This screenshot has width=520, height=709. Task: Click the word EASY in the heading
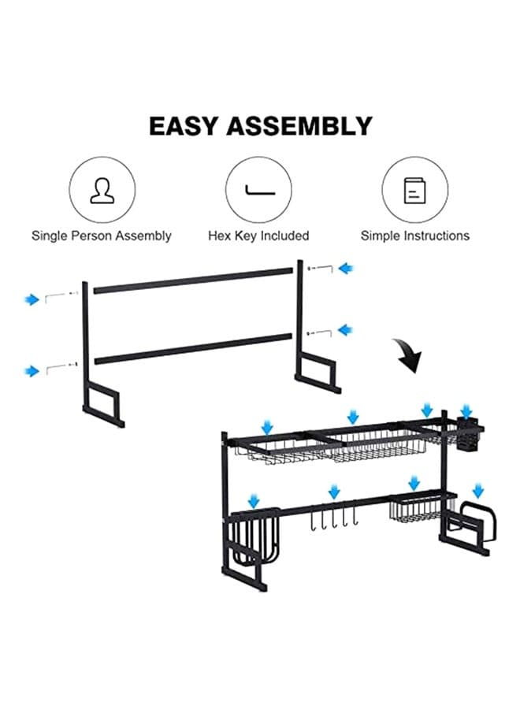coord(184,126)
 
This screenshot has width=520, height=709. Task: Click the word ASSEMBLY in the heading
coord(299,126)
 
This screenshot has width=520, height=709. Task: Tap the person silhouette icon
coord(102,191)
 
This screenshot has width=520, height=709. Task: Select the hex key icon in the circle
coord(260,191)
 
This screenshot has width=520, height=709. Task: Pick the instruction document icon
coord(414,191)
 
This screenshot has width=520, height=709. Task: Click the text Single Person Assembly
coord(102,236)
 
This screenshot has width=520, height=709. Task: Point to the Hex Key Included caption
coord(258,236)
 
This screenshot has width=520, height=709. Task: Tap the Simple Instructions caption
coord(415,236)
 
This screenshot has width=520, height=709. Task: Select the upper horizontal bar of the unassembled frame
coord(193,280)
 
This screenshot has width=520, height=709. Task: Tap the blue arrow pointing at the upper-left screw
coord(32,299)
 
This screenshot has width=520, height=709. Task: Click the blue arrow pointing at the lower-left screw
coord(32,371)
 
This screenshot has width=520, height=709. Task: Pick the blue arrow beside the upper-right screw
coord(346,269)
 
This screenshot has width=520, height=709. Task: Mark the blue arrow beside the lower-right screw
coord(346,330)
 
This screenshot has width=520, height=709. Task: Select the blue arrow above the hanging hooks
coord(334,492)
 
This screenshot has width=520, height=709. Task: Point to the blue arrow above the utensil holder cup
coord(466,412)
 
